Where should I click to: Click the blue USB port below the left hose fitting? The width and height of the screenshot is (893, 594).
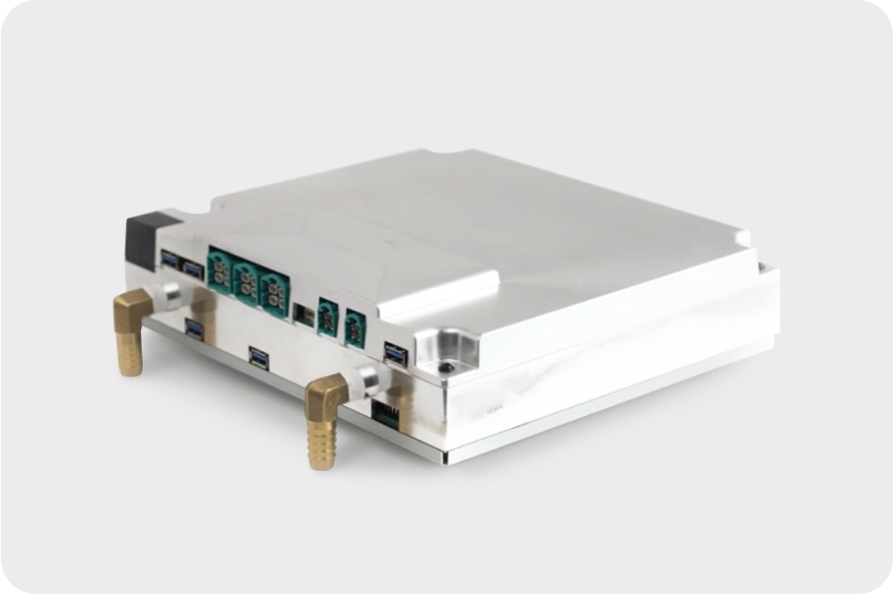pyautogui.click(x=194, y=329)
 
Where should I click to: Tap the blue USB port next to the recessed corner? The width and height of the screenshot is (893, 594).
pyautogui.click(x=396, y=353)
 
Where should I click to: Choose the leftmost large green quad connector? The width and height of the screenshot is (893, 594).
pyautogui.click(x=219, y=266)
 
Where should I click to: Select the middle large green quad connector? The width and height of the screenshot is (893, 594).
pyautogui.click(x=246, y=276)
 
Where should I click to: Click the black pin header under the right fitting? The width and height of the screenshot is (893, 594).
pyautogui.click(x=385, y=410)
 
